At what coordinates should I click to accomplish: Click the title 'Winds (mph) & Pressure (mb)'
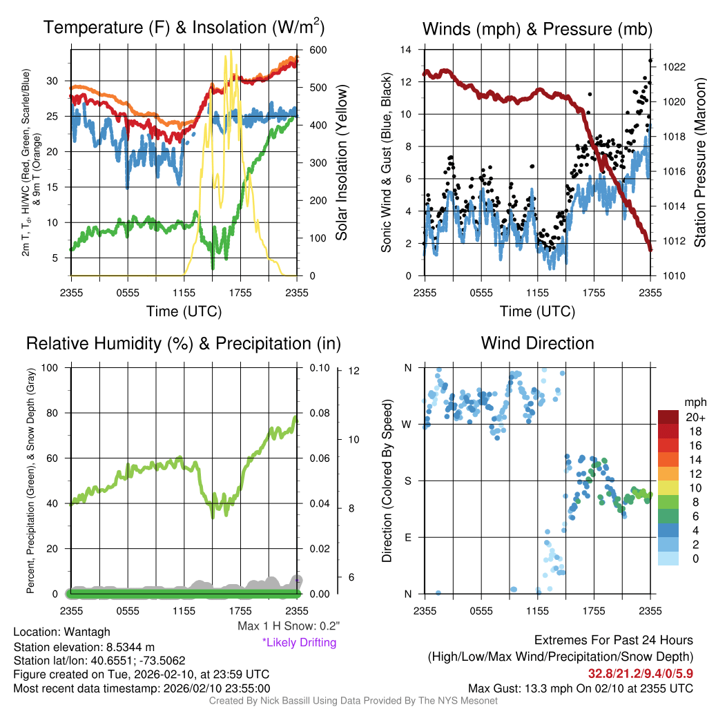(x=537, y=29)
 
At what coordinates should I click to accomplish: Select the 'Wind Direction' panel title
(x=537, y=343)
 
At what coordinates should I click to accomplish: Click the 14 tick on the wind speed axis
(x=407, y=50)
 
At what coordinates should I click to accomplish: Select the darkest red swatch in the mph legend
(x=669, y=418)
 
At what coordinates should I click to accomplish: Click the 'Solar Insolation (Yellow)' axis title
(x=342, y=162)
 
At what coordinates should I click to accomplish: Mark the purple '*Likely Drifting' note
(x=299, y=643)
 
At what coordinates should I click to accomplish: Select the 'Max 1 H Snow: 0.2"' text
(x=288, y=626)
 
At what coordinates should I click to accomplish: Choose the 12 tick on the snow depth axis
(x=355, y=371)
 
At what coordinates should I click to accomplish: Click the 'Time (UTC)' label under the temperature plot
(x=184, y=311)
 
